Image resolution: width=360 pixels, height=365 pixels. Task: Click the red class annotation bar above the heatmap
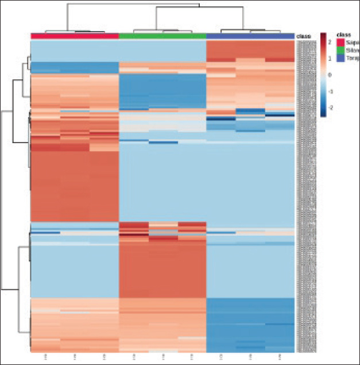pyautogui.click(x=75, y=36)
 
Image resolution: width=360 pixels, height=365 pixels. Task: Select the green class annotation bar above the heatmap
pyautogui.click(x=162, y=36)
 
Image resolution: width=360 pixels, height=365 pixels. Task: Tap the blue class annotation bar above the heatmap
pyautogui.click(x=250, y=36)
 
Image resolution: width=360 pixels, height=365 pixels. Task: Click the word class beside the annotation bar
pyautogui.click(x=303, y=36)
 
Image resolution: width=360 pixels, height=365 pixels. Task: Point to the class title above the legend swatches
pyautogui.click(x=344, y=34)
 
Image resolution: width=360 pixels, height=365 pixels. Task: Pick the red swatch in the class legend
pyautogui.click(x=340, y=42)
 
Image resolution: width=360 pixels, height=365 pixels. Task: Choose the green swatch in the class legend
pyautogui.click(x=340, y=49)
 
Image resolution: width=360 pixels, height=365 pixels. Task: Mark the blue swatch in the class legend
pyautogui.click(x=340, y=57)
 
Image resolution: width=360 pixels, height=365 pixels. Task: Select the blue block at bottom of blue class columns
pyautogui.click(x=250, y=325)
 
